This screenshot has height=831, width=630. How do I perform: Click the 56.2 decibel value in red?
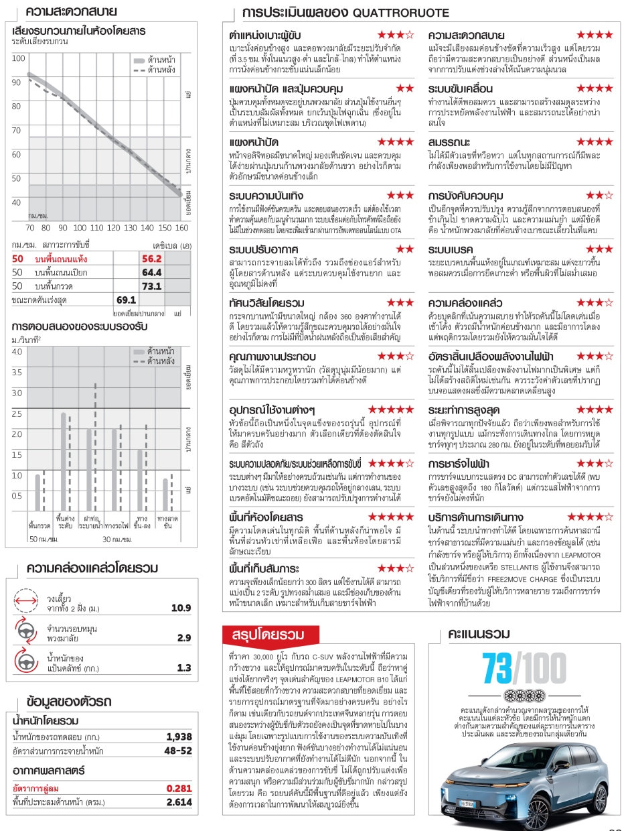coord(152,259)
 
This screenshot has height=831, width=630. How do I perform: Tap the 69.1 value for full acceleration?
coord(126,300)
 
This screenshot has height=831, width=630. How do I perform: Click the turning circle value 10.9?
coord(181,609)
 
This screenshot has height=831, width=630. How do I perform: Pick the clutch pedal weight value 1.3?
coord(184,667)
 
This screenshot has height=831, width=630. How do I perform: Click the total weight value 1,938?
coord(179,737)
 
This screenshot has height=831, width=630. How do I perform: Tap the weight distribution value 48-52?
coord(178,751)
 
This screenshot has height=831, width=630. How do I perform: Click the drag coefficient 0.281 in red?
coord(179,788)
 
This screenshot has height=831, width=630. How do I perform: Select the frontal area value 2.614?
coord(179,802)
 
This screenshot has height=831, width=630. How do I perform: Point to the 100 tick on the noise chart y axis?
coord(18,59)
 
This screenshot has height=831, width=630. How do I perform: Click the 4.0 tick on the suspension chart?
coord(17,351)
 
